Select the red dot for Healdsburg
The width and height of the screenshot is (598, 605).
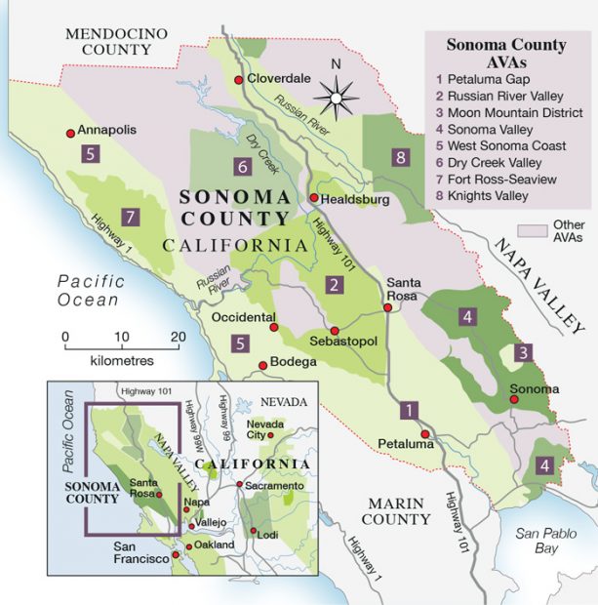point(313,199)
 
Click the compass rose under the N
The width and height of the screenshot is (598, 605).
point(337,98)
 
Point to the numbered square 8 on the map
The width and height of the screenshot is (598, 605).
point(398,156)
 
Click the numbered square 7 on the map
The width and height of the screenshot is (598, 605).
point(128,216)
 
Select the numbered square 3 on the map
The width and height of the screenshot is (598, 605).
point(524,352)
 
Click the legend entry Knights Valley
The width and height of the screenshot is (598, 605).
point(488,196)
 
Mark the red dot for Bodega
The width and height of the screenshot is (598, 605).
point(262,366)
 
